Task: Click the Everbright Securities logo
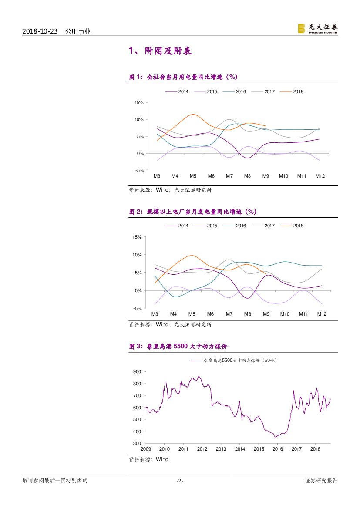pos(317,28)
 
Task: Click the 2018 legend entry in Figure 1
pos(298,91)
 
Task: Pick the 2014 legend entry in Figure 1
pos(183,91)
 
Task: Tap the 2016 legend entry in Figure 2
pos(241,226)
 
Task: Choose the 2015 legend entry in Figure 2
pos(212,226)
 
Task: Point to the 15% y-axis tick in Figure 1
pos(139,103)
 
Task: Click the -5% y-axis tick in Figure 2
pos(138,308)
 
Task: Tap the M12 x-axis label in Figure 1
pos(320,176)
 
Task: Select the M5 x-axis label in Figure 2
pos(192,314)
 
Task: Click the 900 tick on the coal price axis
pos(137,372)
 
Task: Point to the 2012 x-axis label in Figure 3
pos(202,449)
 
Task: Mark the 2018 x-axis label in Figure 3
pos(315,449)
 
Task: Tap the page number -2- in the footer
pos(180,481)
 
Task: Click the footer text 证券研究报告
pos(321,481)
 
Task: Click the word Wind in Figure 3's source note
pos(162,459)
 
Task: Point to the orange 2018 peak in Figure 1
pos(193,115)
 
